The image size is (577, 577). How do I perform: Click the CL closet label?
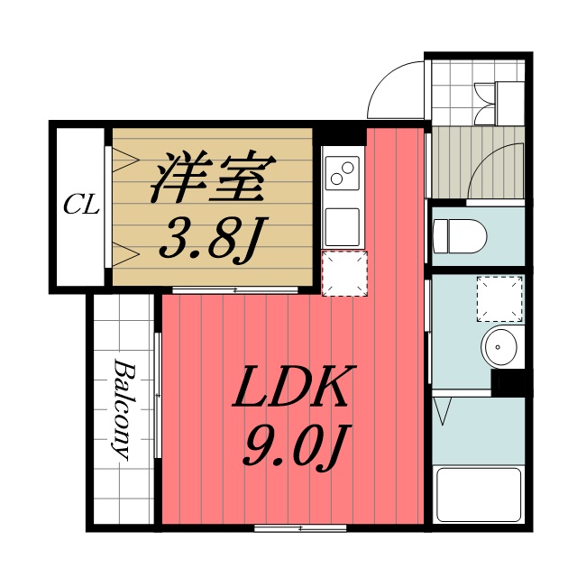pyautogui.click(x=81, y=205)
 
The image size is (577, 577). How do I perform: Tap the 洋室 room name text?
pyautogui.click(x=208, y=178)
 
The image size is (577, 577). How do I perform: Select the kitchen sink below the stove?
pyautogui.click(x=343, y=222)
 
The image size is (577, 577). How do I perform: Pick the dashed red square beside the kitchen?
pyautogui.click(x=344, y=272)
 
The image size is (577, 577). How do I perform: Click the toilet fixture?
pyautogui.click(x=460, y=236)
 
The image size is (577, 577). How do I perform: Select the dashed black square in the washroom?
pyautogui.click(x=499, y=298)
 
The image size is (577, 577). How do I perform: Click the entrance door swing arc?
pyautogui.click(x=394, y=90)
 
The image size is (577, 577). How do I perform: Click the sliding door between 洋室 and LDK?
pyautogui.click(x=234, y=290)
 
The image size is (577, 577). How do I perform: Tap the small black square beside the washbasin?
pyautogui.click(x=510, y=382)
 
